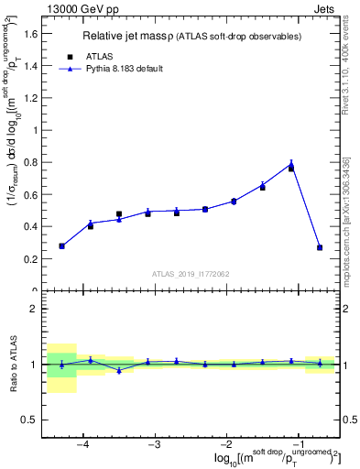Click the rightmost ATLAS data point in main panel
(x=320, y=247)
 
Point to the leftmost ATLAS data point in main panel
(x=61, y=245)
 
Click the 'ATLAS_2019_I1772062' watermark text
(x=190, y=273)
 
